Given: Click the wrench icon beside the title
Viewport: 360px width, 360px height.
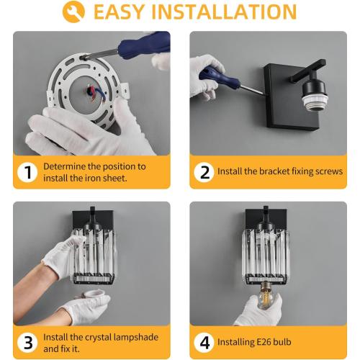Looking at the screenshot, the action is (73, 12).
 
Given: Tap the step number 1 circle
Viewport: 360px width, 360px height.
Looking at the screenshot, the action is (27, 172).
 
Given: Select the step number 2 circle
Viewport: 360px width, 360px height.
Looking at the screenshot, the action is (204, 172).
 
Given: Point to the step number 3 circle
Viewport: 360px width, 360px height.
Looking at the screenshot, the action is (27, 343).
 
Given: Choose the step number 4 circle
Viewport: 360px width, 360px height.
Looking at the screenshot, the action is (204, 343).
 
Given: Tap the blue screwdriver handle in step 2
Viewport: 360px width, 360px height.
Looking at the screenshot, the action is (219, 77).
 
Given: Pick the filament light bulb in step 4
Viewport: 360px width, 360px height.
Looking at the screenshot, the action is (267, 294).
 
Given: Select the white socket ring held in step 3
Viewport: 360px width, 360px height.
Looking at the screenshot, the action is (92, 294).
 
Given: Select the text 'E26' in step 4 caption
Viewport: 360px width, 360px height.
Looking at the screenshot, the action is (264, 342).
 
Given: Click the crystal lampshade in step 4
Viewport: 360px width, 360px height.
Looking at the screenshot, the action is (266, 257).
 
